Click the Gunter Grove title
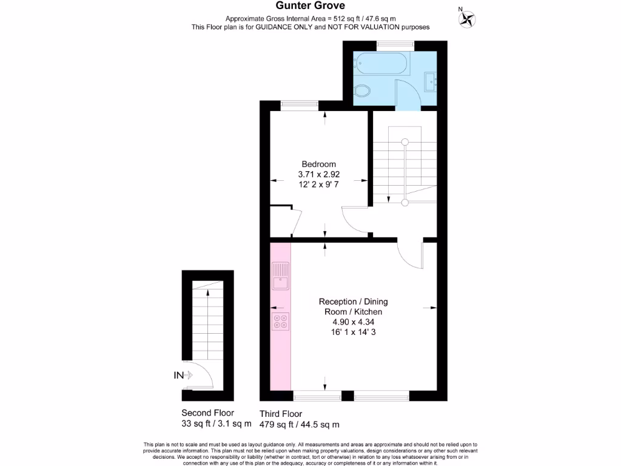[310, 6]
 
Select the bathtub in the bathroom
[382, 62]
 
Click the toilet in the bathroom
[363, 91]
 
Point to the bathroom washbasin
[431, 79]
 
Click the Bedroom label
[318, 164]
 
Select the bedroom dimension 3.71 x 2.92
[318, 174]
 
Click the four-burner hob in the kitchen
[281, 322]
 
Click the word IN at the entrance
[178, 376]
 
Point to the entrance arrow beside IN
[189, 376]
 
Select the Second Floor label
[207, 413]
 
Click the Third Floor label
[281, 414]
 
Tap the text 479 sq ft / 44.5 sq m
[300, 424]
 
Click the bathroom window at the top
[395, 44]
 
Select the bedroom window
[300, 104]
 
